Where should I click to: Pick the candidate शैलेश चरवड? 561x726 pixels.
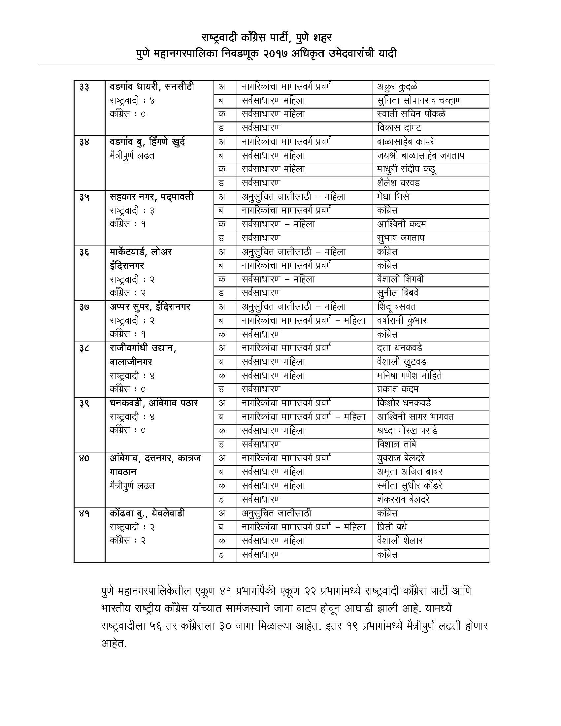[x=398, y=183]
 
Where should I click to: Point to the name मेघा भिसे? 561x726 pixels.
[x=393, y=197]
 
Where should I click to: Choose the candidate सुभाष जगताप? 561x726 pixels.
[x=401, y=238]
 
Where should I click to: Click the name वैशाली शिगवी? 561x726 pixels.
[x=400, y=279]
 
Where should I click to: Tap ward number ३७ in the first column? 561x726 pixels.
[x=84, y=307]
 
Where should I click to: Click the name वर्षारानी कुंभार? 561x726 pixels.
[x=402, y=321]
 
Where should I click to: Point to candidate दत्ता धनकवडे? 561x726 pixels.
[x=400, y=348]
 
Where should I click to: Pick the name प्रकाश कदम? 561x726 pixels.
[x=398, y=389]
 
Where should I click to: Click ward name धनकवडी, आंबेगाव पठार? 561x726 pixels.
[x=154, y=403]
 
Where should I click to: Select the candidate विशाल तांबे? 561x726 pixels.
[x=396, y=445]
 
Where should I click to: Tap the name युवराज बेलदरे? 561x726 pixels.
[x=401, y=458]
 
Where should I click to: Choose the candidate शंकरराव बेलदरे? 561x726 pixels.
[x=403, y=500]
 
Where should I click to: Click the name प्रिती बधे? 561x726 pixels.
[x=392, y=527]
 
